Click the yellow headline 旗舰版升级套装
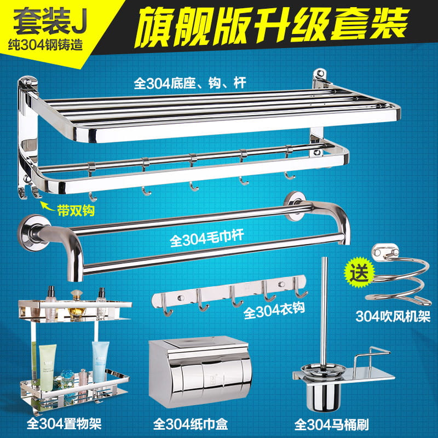pos(272,26)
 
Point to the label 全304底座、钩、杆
pos(190,83)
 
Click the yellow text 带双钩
pos(76,210)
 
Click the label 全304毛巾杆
pos(207,238)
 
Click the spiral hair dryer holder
pos(398,279)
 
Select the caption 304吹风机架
pos(393,316)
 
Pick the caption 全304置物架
pos(64,424)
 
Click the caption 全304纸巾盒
pos(191,424)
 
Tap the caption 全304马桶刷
pos(332,424)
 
